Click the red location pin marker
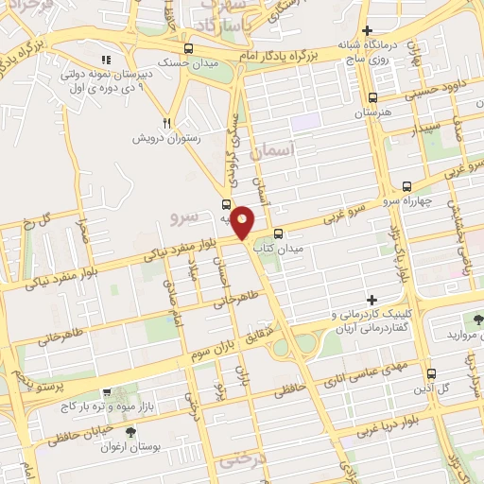click(243, 221)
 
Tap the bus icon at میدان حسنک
click(190, 48)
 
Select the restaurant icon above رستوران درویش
click(166, 122)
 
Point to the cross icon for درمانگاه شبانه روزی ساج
click(379, 31)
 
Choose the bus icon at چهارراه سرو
click(406, 186)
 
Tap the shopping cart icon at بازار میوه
click(106, 392)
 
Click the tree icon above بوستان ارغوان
click(130, 433)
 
